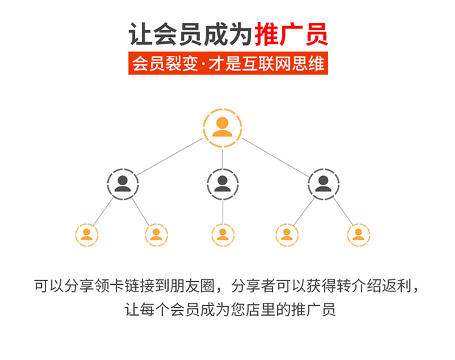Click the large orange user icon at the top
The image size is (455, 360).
tap(222, 128)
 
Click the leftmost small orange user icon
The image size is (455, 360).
tap(87, 234)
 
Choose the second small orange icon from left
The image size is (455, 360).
tap(157, 234)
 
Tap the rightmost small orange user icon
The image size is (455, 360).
tap(359, 234)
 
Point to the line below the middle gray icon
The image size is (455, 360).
tap(222, 211)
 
